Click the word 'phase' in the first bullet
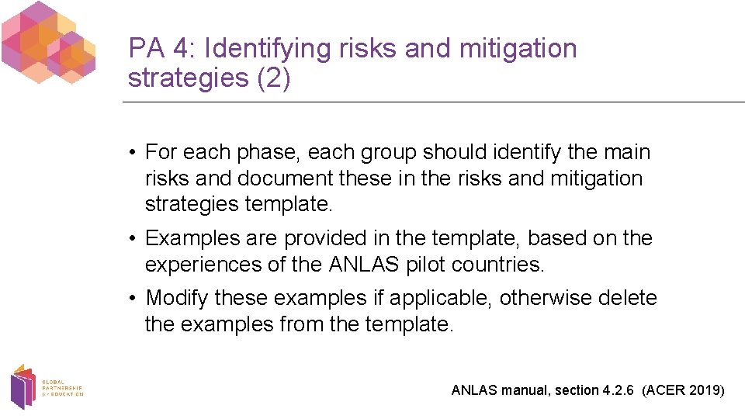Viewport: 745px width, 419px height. point(268,152)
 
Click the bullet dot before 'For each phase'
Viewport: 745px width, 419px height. point(134,153)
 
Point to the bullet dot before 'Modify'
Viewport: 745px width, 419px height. point(134,299)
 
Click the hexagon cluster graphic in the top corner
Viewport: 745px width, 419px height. point(48,43)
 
